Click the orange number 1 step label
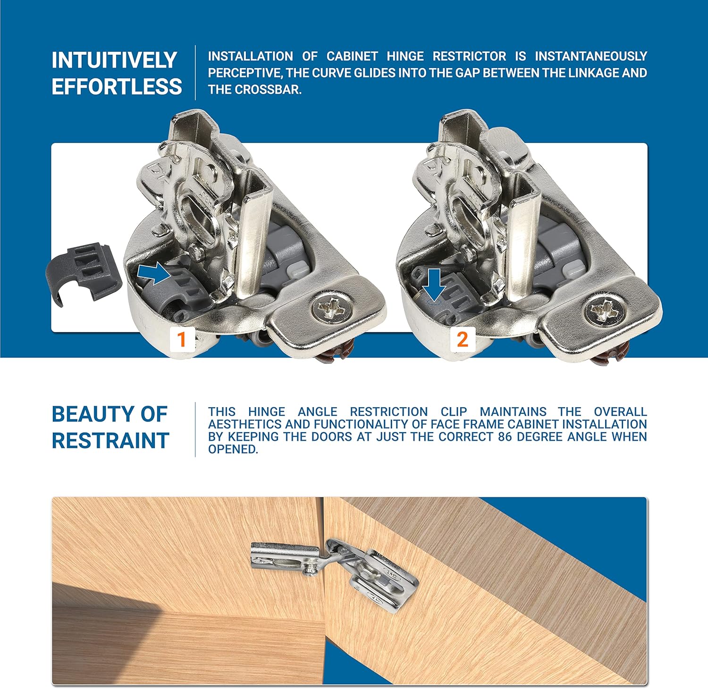[181, 339]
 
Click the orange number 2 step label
[462, 339]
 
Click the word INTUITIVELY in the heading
[114, 60]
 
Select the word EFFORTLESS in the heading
[117, 87]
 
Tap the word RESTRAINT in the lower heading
[110, 440]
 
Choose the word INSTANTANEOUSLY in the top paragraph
[590, 56]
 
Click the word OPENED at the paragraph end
[233, 449]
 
